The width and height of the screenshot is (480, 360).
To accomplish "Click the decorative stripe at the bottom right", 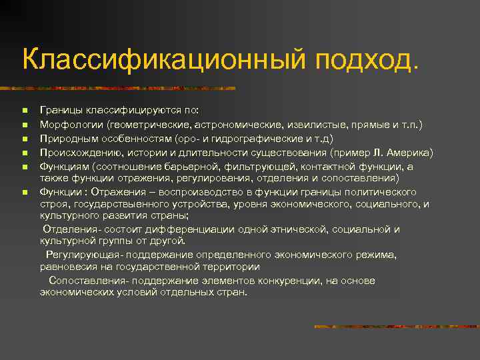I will point(393,327).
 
